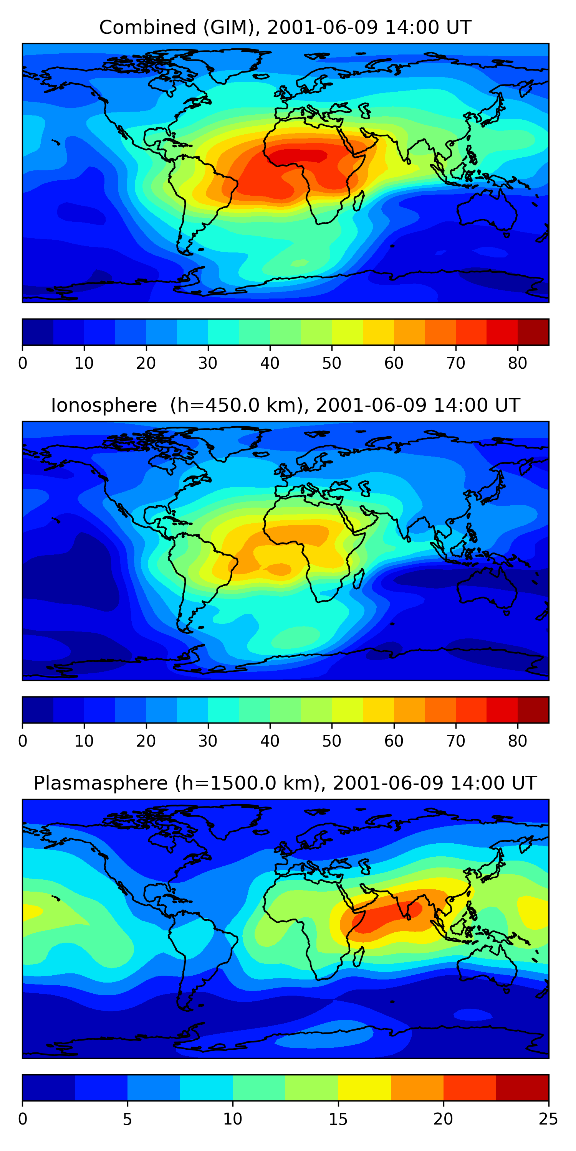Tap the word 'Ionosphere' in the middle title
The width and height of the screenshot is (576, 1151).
pos(104,406)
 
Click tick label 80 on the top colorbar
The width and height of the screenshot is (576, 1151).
pos(517,363)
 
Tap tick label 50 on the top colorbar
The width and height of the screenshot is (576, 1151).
pos(331,363)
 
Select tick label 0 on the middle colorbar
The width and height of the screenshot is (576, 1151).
pos(23,741)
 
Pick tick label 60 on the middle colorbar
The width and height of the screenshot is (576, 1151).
pos(394,741)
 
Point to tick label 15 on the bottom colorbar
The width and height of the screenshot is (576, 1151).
pos(338,1119)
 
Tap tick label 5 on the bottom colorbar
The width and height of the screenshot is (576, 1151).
pos(127,1119)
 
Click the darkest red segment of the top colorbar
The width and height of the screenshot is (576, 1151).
pos(533,332)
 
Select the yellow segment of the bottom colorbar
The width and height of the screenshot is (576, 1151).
pos(364,1088)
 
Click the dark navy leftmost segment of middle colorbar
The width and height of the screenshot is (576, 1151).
pos(38,709)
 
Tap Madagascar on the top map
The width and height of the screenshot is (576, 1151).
pos(358,201)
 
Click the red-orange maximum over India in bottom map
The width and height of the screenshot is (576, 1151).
pos(385,912)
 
